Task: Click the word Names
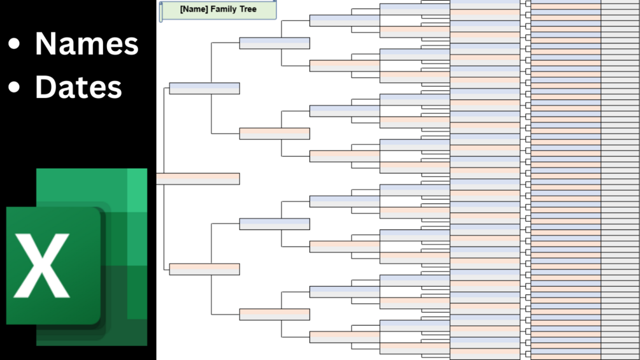(87, 43)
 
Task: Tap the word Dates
(78, 87)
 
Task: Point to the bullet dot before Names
(14, 45)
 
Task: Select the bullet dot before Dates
(14, 87)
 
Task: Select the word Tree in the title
(248, 10)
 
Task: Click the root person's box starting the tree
(198, 178)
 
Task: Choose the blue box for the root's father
(204, 88)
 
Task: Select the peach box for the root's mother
(204, 269)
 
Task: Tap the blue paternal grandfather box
(274, 43)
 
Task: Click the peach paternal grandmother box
(274, 133)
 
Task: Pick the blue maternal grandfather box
(274, 224)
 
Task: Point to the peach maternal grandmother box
(274, 314)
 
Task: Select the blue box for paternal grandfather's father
(345, 20)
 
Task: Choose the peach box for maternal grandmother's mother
(345, 337)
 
